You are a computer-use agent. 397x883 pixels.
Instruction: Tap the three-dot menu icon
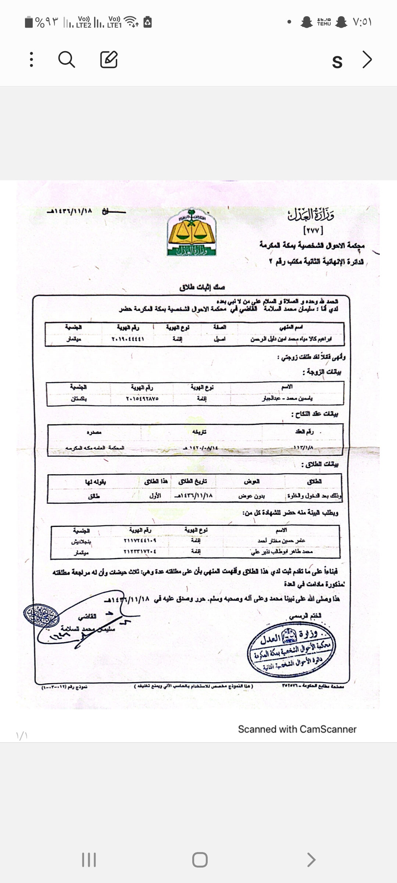coord(32,60)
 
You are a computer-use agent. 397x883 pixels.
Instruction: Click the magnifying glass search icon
coord(67,60)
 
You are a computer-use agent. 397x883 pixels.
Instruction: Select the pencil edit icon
coord(109,60)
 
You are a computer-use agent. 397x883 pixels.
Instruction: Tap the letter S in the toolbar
coord(337,61)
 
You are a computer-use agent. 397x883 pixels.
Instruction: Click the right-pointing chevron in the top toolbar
coord(367,60)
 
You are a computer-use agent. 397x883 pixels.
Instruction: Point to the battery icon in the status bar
coord(29,22)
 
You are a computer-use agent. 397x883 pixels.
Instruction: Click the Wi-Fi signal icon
coord(131,22)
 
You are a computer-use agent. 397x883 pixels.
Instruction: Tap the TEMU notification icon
coord(324,22)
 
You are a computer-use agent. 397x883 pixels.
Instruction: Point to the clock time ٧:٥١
coord(362,22)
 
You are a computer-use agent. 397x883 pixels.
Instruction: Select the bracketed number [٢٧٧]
coord(313,231)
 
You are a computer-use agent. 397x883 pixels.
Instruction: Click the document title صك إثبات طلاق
coord(202,287)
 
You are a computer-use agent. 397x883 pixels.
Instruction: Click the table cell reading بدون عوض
coord(251,496)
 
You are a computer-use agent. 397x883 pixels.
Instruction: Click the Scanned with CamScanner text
coord(297,729)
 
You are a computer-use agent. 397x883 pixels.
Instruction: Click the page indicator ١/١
coord(22,735)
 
